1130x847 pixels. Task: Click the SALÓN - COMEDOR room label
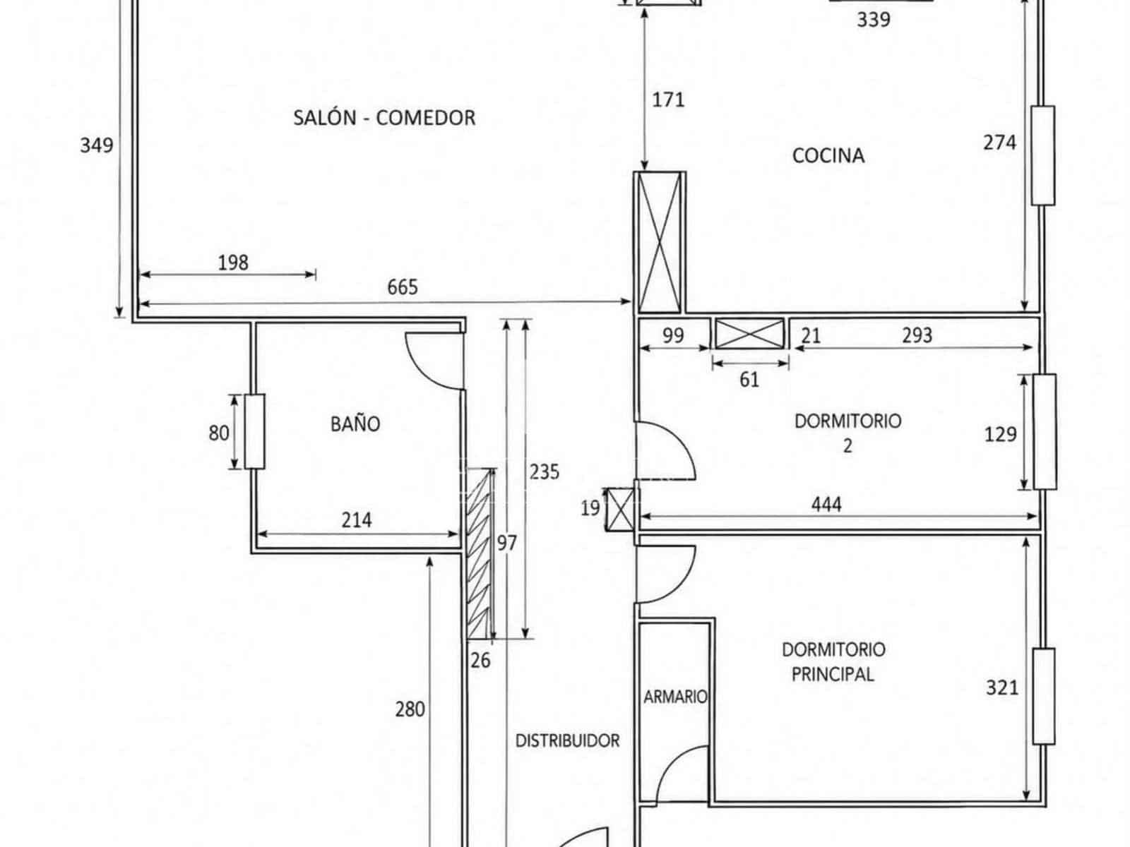pyautogui.click(x=384, y=118)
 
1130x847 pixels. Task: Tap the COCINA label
pyautogui.click(x=828, y=156)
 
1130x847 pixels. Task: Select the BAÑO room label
pyautogui.click(x=355, y=423)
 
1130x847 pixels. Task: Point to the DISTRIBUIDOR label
pyautogui.click(x=567, y=740)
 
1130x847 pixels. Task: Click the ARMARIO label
pyautogui.click(x=675, y=697)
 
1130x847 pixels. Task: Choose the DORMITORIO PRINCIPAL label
pyautogui.click(x=833, y=661)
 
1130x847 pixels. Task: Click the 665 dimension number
pyautogui.click(x=402, y=287)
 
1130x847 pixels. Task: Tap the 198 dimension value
pyautogui.click(x=233, y=263)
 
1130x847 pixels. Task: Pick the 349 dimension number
pyautogui.click(x=97, y=145)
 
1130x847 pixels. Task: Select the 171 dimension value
pyautogui.click(x=668, y=100)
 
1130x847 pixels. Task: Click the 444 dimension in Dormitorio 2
pyautogui.click(x=826, y=505)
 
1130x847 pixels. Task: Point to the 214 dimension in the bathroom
pyautogui.click(x=356, y=520)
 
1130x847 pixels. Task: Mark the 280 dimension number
pyautogui.click(x=410, y=709)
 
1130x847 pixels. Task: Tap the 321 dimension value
pyautogui.click(x=1001, y=687)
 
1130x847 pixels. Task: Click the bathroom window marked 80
pyautogui.click(x=254, y=431)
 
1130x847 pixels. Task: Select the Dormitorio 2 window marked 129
pyautogui.click(x=1045, y=431)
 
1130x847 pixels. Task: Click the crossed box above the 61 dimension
pyautogui.click(x=749, y=334)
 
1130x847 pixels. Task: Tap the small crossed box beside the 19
pyautogui.click(x=621, y=509)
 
